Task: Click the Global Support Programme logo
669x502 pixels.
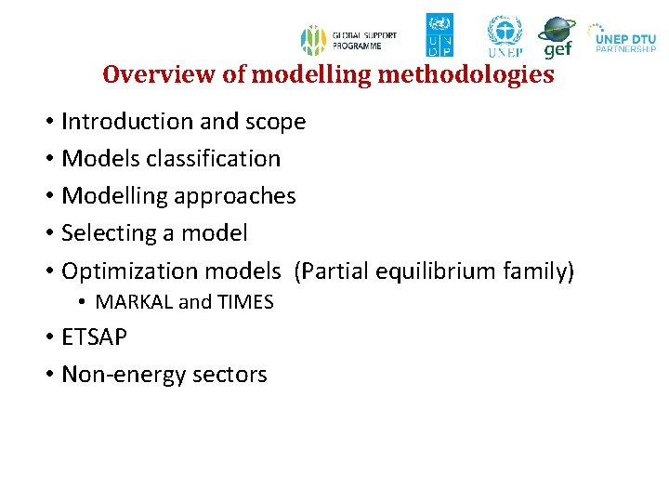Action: click(348, 40)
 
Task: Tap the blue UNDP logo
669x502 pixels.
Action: click(439, 35)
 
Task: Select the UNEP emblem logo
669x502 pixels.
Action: click(505, 36)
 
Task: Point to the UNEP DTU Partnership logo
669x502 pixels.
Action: click(623, 37)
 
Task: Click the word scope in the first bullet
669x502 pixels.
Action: click(274, 122)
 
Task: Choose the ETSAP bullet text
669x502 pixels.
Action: click(94, 337)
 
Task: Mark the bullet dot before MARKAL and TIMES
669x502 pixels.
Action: click(82, 302)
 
